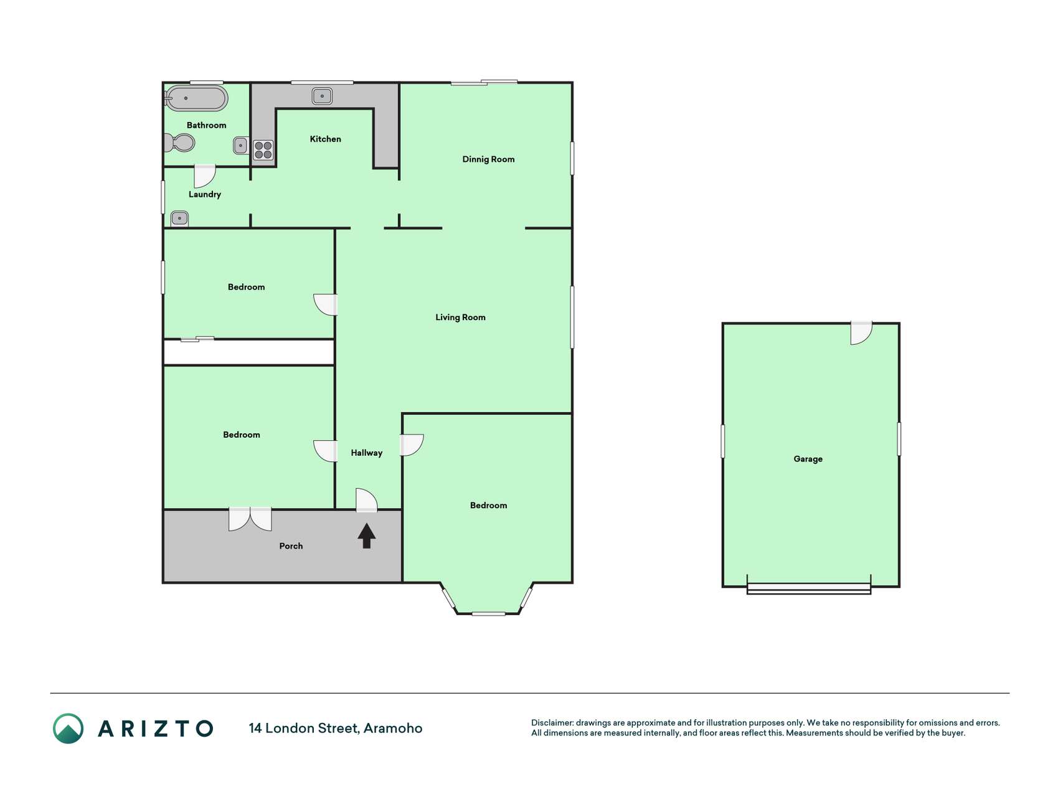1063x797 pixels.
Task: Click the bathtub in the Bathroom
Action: point(196,98)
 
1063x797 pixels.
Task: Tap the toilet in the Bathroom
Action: point(179,143)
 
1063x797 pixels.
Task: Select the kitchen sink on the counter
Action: point(322,96)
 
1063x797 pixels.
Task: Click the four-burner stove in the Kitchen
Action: point(263,150)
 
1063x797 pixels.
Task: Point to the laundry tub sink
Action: point(179,218)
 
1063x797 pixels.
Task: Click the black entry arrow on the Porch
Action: point(367,535)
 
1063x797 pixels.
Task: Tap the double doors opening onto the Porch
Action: point(250,519)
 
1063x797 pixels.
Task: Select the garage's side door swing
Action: point(862,333)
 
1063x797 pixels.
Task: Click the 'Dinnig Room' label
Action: point(488,159)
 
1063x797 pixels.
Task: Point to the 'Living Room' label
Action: point(460,318)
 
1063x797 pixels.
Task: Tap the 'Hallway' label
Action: point(366,453)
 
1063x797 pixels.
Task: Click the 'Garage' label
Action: point(808,459)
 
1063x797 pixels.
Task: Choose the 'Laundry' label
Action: point(205,194)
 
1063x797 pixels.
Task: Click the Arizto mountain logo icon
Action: point(68,729)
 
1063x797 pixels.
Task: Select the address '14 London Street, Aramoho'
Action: point(336,728)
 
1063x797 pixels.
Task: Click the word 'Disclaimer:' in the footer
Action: point(552,723)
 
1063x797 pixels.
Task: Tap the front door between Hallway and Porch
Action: point(367,501)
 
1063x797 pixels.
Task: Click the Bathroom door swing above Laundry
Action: point(205,176)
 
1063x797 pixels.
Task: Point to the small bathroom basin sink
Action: point(240,146)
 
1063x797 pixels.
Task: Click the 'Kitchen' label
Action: point(326,139)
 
